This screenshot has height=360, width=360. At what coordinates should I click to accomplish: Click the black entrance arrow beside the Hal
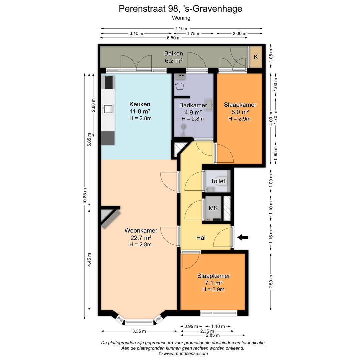coord(243,237)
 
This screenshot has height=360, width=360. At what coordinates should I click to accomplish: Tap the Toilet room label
coord(218,181)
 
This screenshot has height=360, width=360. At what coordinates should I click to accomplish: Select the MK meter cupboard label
coord(213,208)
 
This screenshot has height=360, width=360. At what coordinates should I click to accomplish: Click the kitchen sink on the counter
coord(108,108)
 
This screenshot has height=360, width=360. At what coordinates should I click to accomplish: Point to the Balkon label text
coord(173,54)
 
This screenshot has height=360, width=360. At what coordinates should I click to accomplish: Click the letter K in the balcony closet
coord(256,57)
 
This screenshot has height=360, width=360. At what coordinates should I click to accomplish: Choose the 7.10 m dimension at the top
coord(182,28)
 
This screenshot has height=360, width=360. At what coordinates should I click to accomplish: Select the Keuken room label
coord(140,104)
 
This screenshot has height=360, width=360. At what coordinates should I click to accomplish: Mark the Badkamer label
coord(193,105)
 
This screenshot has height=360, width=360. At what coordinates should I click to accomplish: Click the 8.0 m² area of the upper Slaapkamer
coord(239,112)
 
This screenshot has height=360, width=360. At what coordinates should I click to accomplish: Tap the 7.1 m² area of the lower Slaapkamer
coord(213,283)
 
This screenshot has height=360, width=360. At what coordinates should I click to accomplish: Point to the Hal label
coord(201,238)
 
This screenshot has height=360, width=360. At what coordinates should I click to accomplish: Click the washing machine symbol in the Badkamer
coord(181,86)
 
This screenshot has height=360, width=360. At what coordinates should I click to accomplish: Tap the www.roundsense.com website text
coord(186,354)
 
